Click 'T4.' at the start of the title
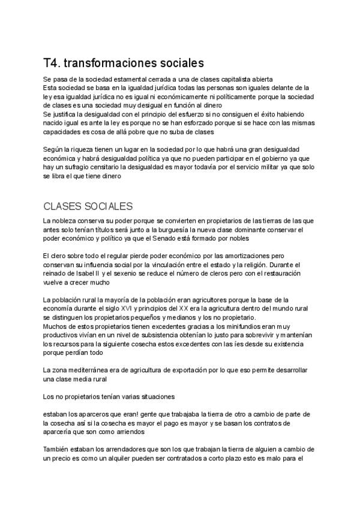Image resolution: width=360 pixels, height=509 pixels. tap(52, 62)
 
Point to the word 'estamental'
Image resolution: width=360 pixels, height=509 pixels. tap(127, 79)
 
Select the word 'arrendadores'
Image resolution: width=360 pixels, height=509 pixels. tap(112, 448)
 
